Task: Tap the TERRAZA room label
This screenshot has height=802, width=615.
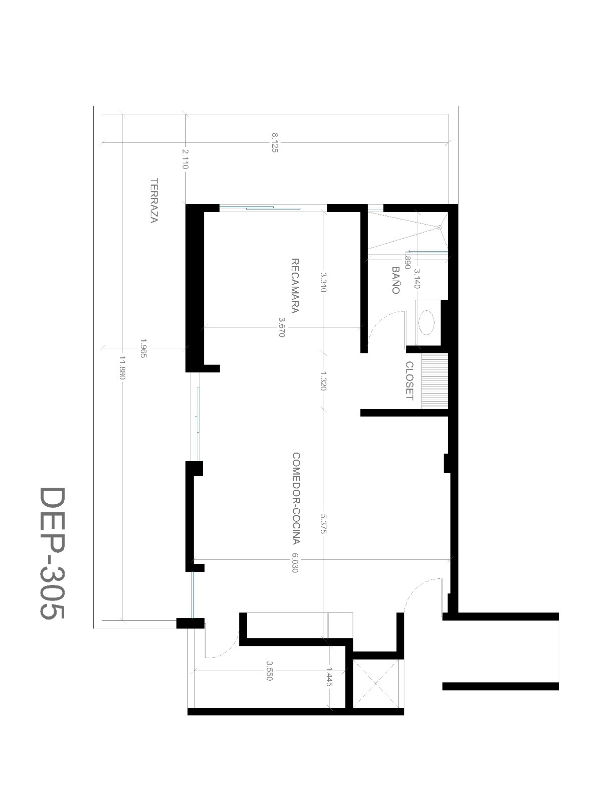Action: pos(154,200)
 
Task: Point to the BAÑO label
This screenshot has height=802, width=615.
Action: pos(395,281)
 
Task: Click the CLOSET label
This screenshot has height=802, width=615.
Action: pos(409,380)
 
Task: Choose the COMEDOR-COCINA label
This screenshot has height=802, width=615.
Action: pos(296,498)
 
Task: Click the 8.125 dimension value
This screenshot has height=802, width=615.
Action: pos(275,143)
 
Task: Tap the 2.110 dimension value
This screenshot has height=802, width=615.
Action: pos(185,159)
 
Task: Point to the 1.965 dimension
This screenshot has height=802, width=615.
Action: pos(143,349)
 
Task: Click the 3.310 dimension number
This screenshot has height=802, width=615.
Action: pos(323,282)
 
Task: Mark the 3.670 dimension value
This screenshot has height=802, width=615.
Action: pos(282,327)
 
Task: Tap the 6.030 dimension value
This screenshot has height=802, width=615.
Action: pos(294,562)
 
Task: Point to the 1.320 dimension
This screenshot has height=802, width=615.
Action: pos(323,381)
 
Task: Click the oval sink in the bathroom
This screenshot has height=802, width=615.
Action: pos(427,323)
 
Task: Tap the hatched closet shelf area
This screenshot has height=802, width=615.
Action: pos(435,381)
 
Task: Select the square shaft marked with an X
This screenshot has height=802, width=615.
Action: pos(376,684)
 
